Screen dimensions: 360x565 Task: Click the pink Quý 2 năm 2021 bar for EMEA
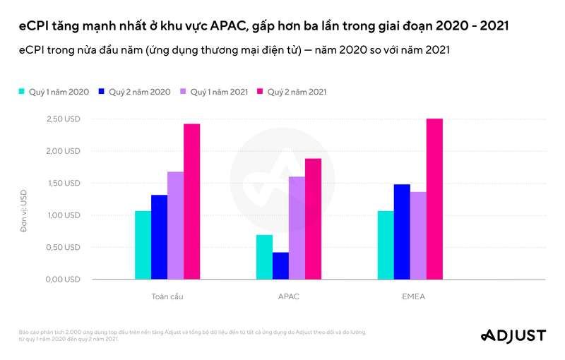(434, 199)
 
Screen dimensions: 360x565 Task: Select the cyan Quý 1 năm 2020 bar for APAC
(264, 257)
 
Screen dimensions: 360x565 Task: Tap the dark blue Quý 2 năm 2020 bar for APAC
(280, 265)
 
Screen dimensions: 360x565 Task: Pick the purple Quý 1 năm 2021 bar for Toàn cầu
(175, 225)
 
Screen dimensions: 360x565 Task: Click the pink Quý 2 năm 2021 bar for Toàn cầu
(191, 201)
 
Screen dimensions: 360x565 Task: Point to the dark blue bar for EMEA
(402, 232)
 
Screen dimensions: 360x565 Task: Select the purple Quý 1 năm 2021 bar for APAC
(297, 227)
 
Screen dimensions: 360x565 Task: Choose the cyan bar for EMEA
(386, 245)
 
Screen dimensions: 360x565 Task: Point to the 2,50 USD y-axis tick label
(63, 119)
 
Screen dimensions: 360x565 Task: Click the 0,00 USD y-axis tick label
(63, 279)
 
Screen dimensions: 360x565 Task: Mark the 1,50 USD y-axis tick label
(63, 183)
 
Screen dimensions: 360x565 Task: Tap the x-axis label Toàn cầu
(167, 296)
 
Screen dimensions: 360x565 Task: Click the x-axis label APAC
(289, 296)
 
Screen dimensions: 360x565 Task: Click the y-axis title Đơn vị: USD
(23, 210)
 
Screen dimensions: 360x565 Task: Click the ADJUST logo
(512, 335)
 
